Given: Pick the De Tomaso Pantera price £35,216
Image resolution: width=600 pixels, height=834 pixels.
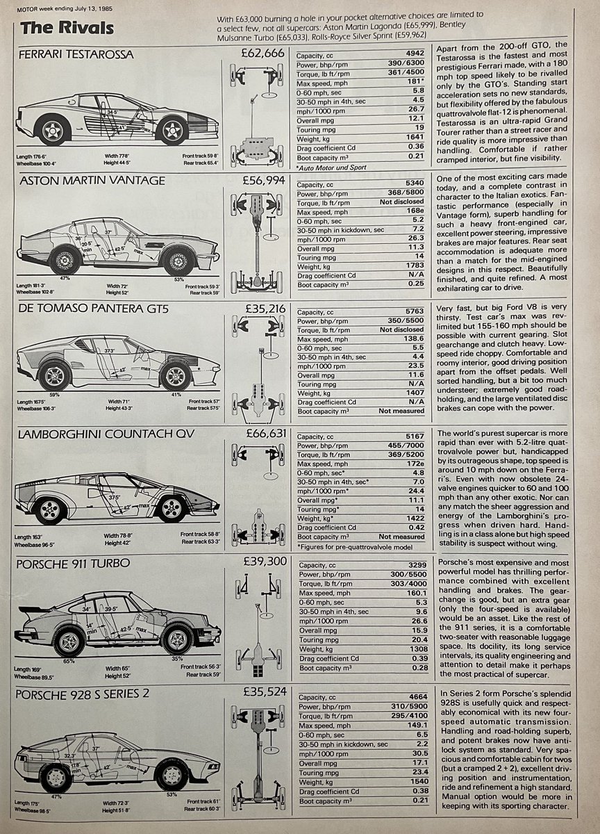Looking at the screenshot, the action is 265,307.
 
